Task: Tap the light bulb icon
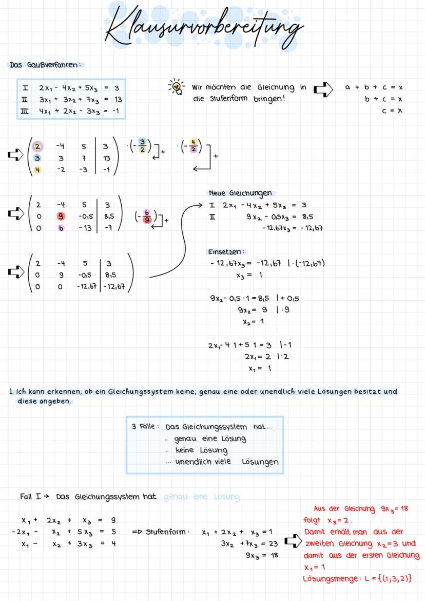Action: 177,87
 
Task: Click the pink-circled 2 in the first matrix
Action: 38,147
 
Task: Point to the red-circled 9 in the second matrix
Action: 61,216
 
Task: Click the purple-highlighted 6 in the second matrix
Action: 61,228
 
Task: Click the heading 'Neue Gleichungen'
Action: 240,193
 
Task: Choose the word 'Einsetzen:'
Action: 227,252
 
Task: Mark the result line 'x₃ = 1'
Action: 249,275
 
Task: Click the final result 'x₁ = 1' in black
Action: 259,368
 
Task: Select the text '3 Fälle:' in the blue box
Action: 145,427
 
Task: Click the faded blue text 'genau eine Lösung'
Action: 201,497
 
